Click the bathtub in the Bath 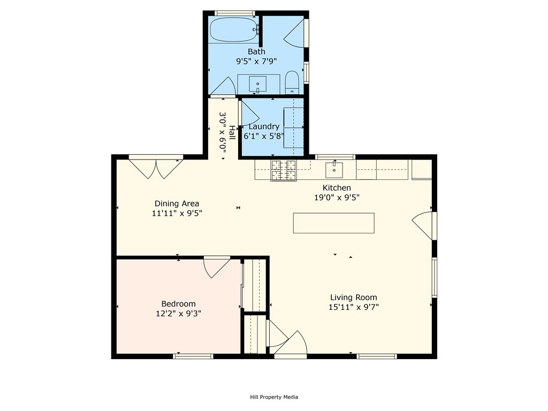click(234, 30)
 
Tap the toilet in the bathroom click(292, 83)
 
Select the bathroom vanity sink click(257, 84)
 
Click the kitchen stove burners click(284, 170)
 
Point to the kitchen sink click(334, 170)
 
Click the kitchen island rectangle click(334, 223)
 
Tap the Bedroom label click(178, 304)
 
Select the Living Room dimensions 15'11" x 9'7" click(354, 307)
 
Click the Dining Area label click(177, 203)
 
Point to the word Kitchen click(337, 188)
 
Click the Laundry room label click(264, 126)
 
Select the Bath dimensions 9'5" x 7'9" click(256, 62)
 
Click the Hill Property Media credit click(274, 397)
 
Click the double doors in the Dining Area click(156, 169)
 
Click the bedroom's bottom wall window click(193, 356)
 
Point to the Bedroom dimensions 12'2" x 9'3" click(178, 314)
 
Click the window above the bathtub click(234, 13)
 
